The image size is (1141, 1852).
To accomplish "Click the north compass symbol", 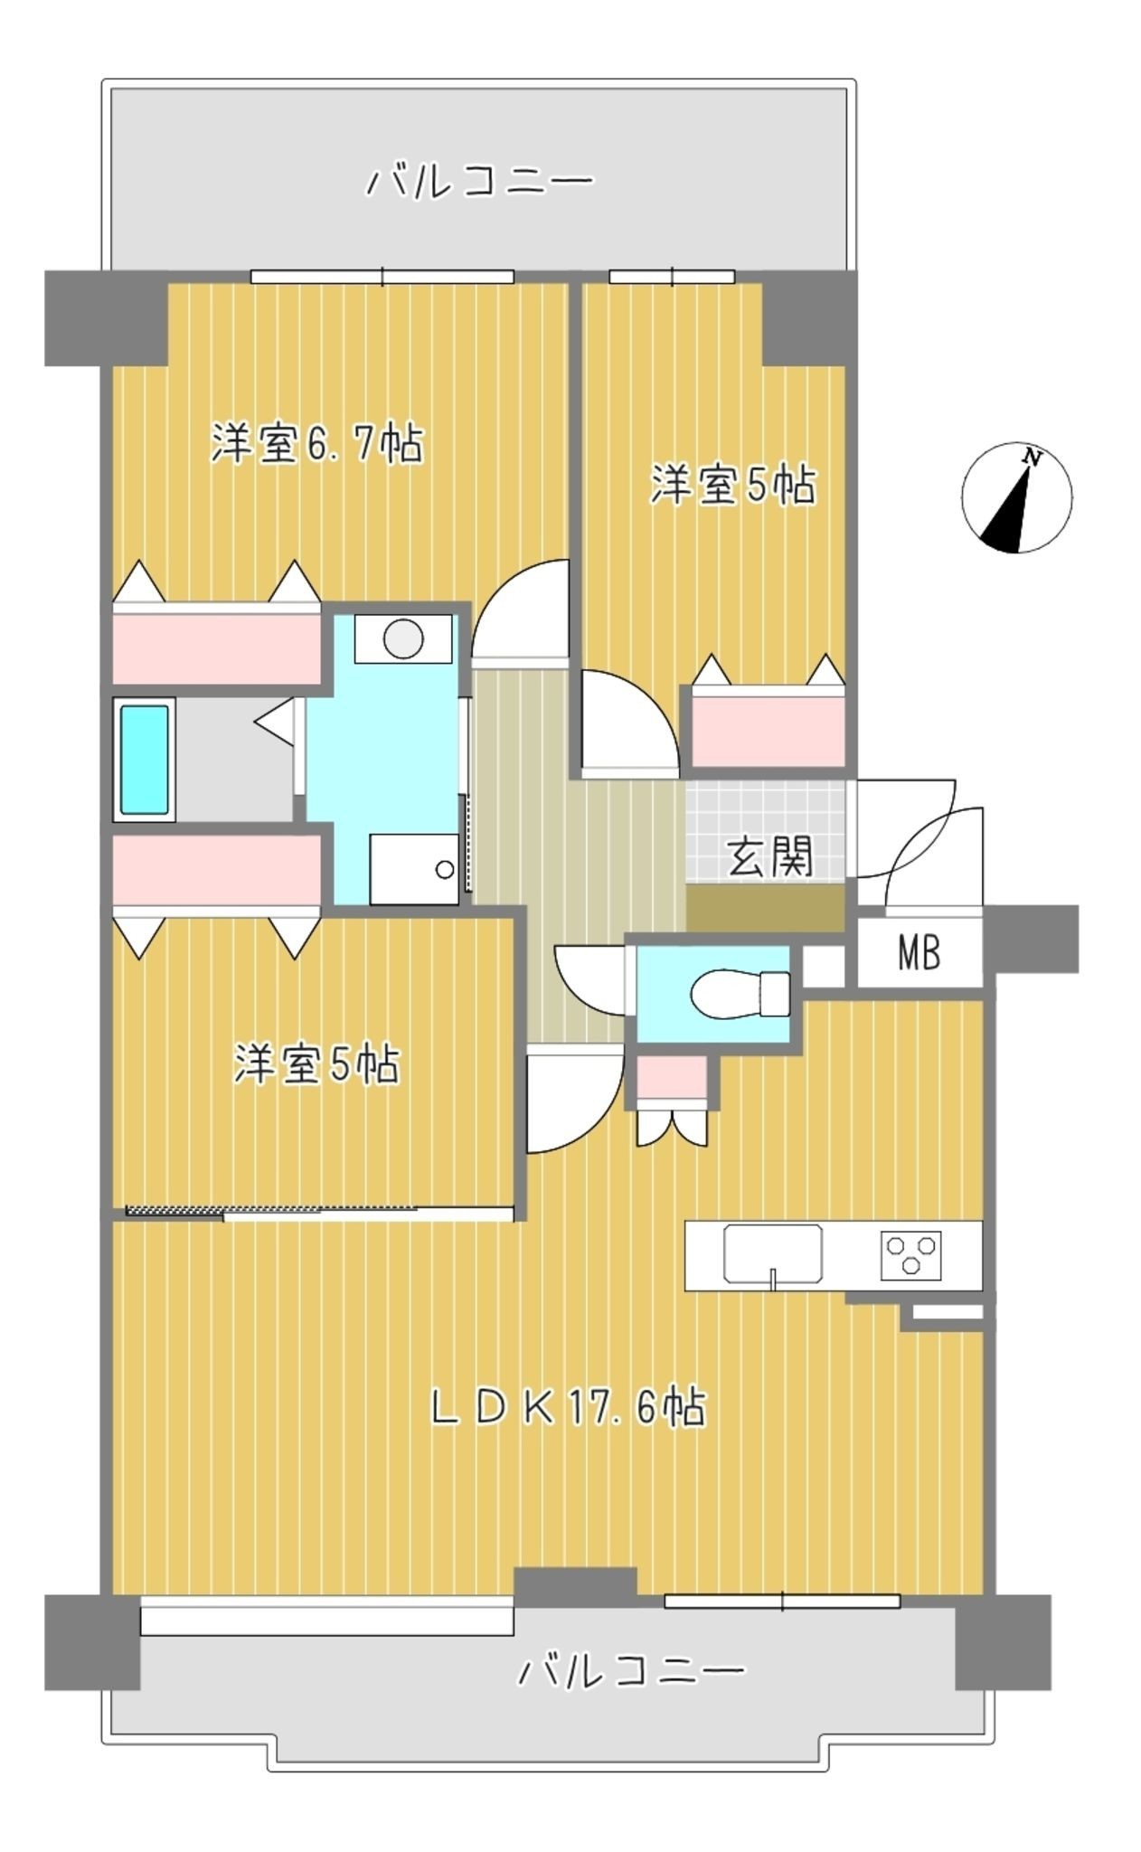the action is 1016,497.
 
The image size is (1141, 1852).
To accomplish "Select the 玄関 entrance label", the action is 770,855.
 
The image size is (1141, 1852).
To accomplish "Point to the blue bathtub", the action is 145,759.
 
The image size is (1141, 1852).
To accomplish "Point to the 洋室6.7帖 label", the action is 317,443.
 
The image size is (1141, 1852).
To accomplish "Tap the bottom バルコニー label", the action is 631,1671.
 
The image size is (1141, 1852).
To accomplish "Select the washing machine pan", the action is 414,868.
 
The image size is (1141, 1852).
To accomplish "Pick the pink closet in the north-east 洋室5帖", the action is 769,726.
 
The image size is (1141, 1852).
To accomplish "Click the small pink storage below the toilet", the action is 672,1077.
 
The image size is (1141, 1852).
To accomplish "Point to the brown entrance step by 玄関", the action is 766,908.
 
